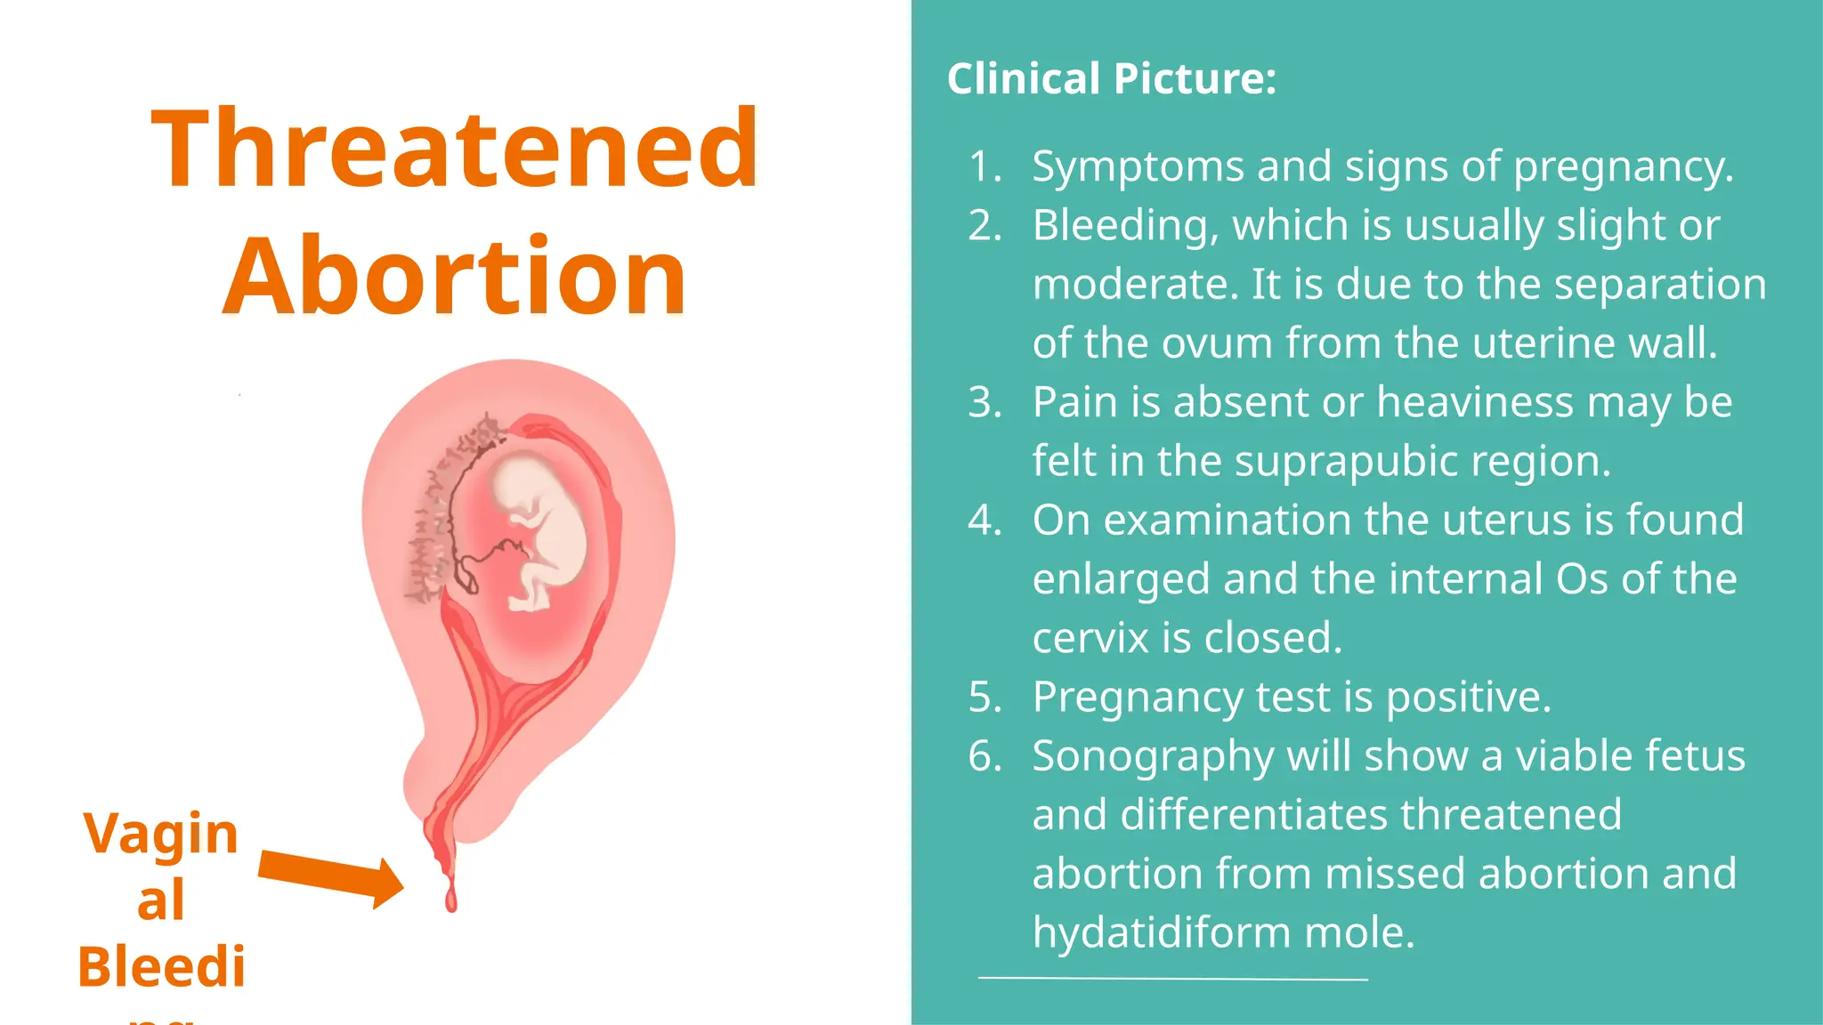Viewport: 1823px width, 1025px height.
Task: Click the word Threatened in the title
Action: click(x=455, y=149)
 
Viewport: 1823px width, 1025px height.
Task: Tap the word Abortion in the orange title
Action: click(x=455, y=276)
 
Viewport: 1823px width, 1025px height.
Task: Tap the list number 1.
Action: click(x=984, y=166)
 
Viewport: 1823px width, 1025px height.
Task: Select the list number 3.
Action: click(x=984, y=402)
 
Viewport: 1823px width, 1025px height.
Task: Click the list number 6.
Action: click(x=984, y=756)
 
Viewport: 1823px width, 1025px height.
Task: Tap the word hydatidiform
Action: click(x=1161, y=932)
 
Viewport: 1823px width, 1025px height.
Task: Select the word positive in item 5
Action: click(x=1469, y=697)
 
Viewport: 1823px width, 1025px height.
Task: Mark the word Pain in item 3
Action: click(x=1075, y=402)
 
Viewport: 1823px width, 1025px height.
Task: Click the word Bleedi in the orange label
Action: click(x=161, y=967)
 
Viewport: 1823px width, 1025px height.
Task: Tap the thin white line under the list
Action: click(x=1172, y=979)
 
